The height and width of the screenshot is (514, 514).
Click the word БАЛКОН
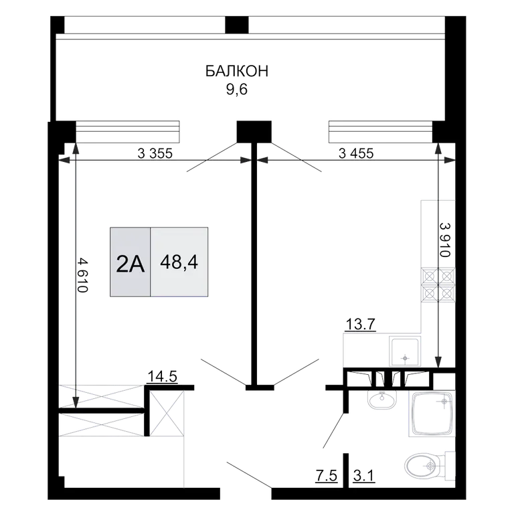(237, 71)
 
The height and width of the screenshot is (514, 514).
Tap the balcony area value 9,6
(236, 89)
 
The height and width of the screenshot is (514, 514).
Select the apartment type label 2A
(130, 264)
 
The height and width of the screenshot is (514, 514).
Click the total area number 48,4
(179, 262)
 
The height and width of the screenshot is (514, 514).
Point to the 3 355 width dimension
(155, 153)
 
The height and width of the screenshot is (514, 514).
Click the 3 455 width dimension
(356, 153)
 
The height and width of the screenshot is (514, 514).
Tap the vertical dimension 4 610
(83, 275)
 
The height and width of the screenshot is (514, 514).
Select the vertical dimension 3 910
(445, 240)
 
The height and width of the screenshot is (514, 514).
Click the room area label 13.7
(361, 325)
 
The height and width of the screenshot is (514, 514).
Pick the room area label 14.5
(163, 376)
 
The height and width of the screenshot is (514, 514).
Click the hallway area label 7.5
(326, 476)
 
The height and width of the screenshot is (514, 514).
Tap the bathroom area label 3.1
(364, 476)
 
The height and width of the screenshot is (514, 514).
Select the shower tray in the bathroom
(432, 414)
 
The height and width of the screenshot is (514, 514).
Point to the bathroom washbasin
(382, 400)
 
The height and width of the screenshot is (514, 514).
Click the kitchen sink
(405, 351)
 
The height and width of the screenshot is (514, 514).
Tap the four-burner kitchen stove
(438, 284)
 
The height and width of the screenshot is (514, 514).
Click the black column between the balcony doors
(254, 132)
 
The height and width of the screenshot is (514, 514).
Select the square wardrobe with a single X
(167, 414)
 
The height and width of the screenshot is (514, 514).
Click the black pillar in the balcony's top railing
(237, 25)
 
